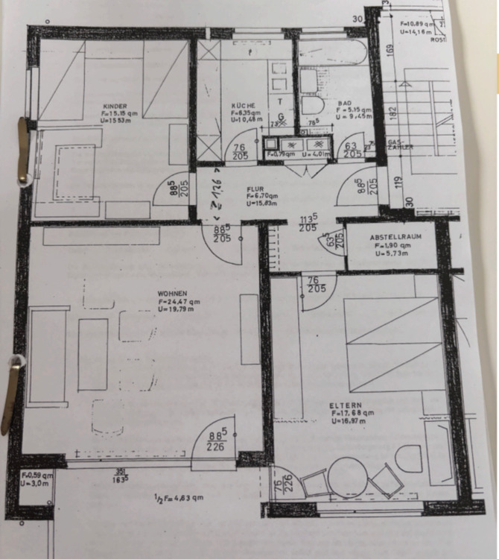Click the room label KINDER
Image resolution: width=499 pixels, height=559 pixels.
coord(116,107)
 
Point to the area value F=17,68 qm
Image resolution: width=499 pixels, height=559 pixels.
coord(352,413)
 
